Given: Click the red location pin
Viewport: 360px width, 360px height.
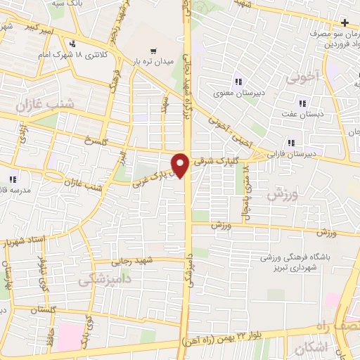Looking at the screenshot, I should tap(181, 165).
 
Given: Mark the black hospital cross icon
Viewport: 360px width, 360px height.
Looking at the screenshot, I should tap(344, 23).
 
